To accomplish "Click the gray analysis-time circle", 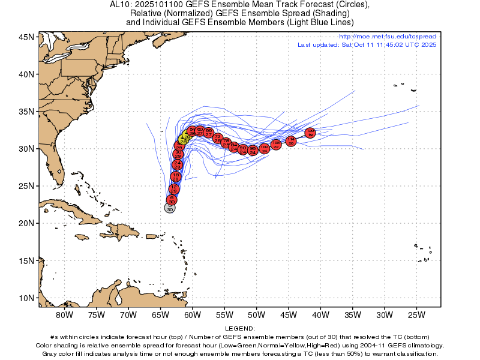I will point(170,208).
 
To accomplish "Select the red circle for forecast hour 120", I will point(310,133).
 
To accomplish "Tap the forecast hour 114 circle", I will point(291,141).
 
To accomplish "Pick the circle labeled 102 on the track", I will point(264,149).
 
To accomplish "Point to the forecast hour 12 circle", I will point(174,189).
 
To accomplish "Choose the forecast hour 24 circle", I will point(177,164).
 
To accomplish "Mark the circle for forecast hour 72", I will point(217,138).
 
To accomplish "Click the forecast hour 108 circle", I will point(276,144).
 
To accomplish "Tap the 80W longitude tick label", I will point(64,314).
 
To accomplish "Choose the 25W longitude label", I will point(416,314).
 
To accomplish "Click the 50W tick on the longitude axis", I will point(256,314).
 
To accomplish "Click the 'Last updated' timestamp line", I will point(367,45).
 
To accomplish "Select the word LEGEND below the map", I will point(240,329).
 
